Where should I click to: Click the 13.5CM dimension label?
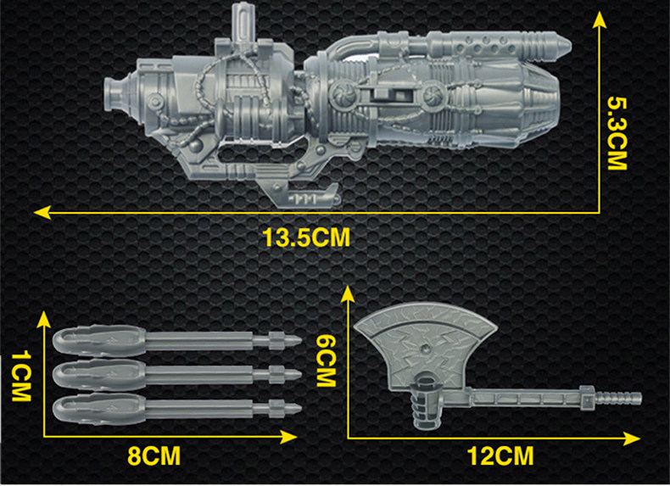click(x=306, y=237)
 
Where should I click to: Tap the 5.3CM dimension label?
click(x=617, y=133)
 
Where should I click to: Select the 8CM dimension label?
click(x=154, y=456)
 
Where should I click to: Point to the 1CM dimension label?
click(x=21, y=376)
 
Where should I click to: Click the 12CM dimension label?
click(x=500, y=456)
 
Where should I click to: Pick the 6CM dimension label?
click(x=326, y=360)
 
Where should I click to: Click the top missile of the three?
click(x=177, y=341)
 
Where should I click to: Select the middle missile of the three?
click(x=177, y=375)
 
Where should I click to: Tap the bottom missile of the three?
click(x=177, y=409)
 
